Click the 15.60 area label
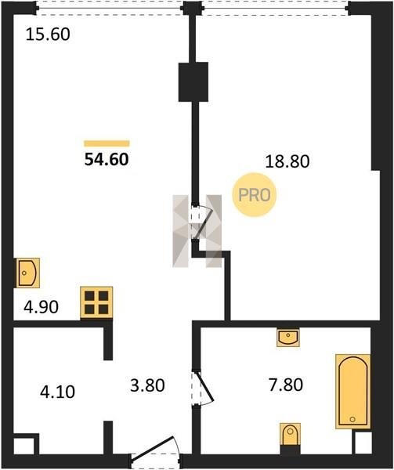click(48, 34)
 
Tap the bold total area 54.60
click(107, 159)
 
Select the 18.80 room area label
click(287, 161)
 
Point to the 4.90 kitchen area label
click(41, 307)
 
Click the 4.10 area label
click(57, 392)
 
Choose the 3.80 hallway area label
click(147, 385)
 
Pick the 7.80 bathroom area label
click(286, 385)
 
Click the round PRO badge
click(255, 195)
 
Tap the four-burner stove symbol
click(96, 302)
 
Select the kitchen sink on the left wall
click(28, 273)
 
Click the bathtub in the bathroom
click(353, 392)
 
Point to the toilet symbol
click(290, 434)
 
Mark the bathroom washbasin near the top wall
click(288, 338)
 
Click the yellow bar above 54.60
click(107, 143)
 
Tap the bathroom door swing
click(203, 389)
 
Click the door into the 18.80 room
click(201, 222)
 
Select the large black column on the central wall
click(193, 81)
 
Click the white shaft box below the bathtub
click(363, 443)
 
